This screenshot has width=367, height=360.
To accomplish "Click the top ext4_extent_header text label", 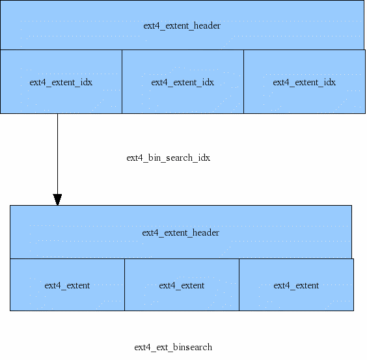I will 182,26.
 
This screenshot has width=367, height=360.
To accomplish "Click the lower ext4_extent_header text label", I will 180,232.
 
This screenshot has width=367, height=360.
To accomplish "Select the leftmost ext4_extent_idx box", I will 61,82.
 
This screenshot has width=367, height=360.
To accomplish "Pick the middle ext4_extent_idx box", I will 182,82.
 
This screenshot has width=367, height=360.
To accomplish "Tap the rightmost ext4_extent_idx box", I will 304,82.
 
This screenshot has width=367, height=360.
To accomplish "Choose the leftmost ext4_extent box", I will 67,285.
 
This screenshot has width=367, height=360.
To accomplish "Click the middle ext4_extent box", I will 182,285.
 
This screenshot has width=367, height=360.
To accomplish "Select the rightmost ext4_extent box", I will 296,285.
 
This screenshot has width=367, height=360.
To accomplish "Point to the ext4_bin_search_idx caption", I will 168,158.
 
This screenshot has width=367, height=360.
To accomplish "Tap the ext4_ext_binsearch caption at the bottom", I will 172,347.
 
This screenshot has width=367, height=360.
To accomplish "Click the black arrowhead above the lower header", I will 57,199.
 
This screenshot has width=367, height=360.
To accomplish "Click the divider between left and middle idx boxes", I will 122,82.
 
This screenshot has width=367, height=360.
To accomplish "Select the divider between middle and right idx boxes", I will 243,82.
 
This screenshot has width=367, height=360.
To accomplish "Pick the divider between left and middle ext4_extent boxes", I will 124,284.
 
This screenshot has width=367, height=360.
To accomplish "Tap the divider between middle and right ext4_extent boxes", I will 239,284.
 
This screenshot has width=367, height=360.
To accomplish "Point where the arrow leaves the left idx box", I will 57,114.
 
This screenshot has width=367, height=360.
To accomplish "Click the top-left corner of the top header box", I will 1,1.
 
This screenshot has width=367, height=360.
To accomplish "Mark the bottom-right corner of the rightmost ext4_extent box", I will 353,310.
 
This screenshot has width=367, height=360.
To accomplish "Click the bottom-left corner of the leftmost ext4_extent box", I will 10,310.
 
